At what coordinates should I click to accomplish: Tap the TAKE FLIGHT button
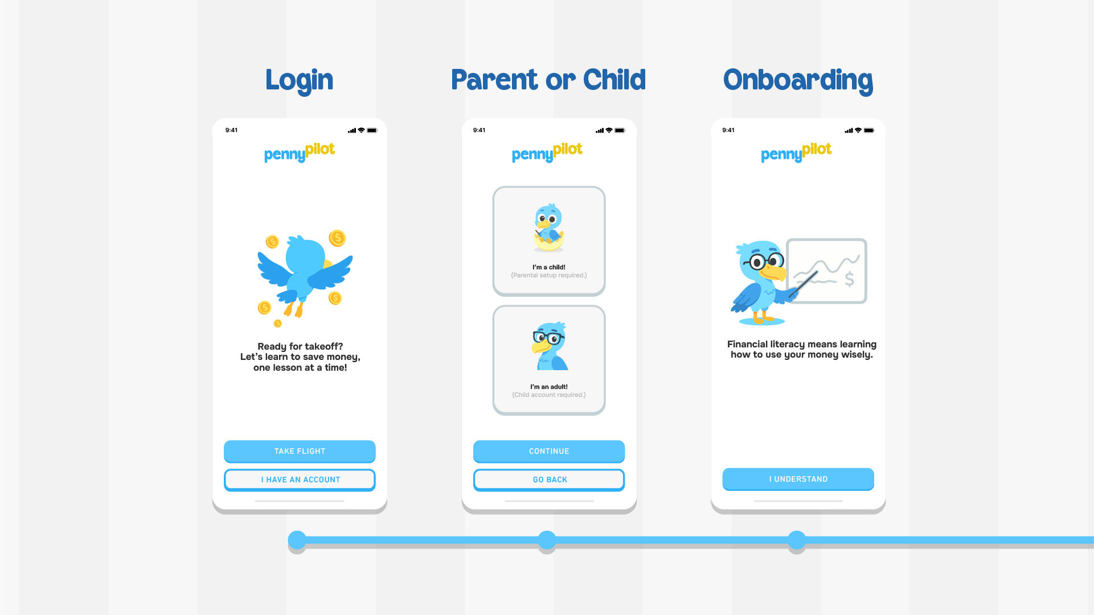(x=300, y=451)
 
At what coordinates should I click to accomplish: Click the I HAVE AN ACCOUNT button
(x=300, y=479)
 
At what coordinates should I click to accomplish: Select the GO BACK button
(x=549, y=479)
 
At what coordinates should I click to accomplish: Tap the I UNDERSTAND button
(x=798, y=479)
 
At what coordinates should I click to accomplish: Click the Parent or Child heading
(x=548, y=80)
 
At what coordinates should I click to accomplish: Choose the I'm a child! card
(x=549, y=241)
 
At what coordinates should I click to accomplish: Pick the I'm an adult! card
(x=549, y=360)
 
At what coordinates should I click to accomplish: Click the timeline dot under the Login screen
(x=297, y=540)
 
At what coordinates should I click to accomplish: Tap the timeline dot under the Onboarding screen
(x=797, y=540)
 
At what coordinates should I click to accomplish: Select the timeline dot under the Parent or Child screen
(x=547, y=540)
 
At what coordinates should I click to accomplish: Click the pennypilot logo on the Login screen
(x=300, y=152)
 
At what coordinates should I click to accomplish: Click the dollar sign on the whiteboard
(x=849, y=278)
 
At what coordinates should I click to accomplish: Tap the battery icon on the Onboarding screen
(x=869, y=130)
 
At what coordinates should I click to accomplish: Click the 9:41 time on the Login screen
(x=231, y=130)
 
